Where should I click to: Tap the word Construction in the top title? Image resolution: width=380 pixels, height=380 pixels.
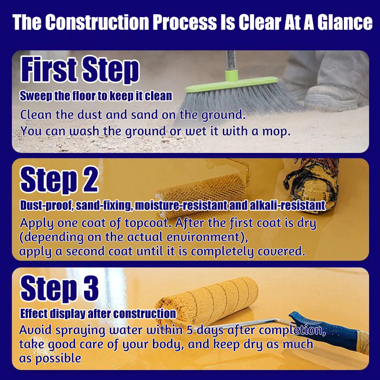97,22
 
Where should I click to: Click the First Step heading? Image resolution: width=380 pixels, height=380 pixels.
80,69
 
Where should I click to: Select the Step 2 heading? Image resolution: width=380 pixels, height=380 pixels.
59,180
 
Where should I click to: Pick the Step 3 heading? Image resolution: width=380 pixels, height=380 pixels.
59,288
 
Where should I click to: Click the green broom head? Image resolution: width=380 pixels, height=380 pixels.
231,82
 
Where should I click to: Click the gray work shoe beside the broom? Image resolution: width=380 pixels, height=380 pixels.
336,97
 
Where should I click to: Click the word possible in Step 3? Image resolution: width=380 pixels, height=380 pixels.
58,359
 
